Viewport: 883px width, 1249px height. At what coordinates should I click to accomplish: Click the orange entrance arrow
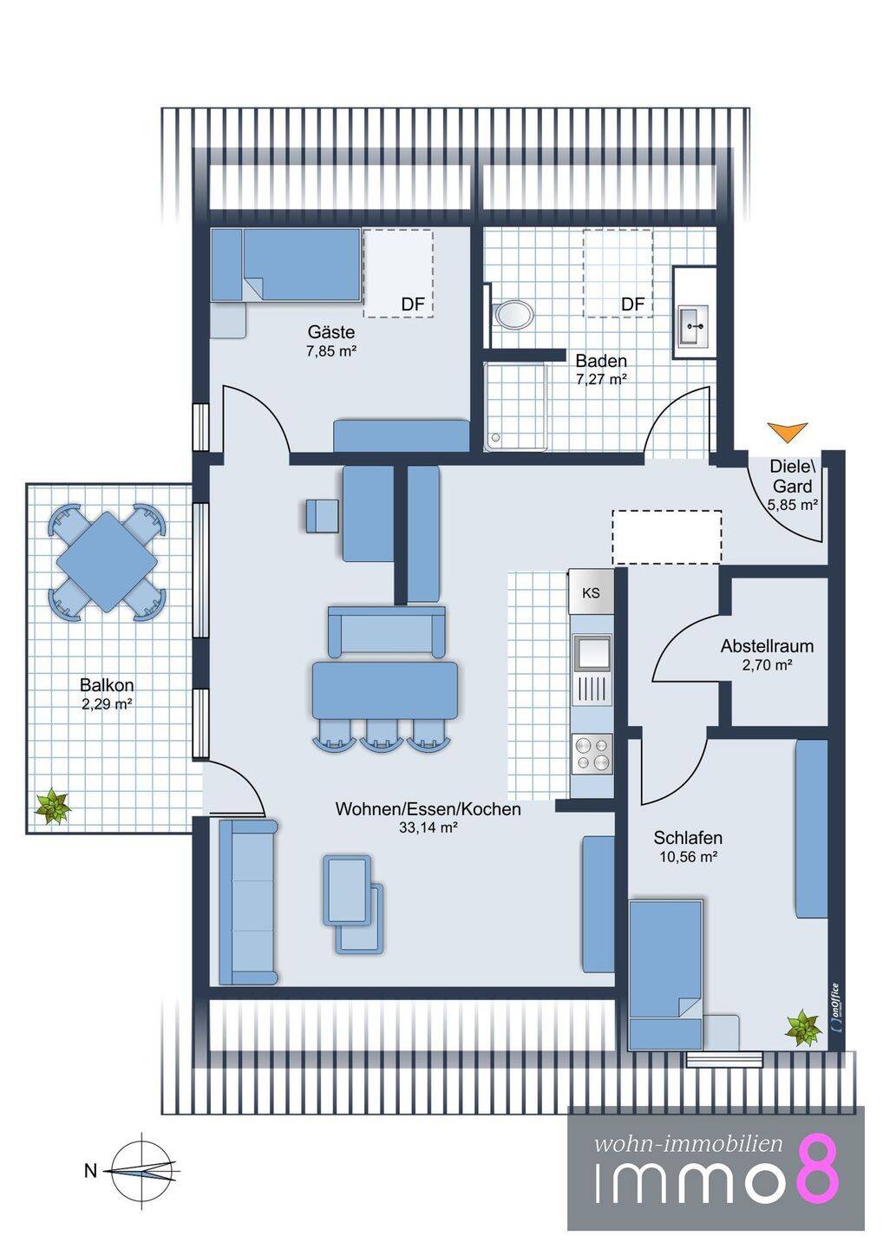tap(787, 432)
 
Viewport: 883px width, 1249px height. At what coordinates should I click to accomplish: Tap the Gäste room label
tap(331, 332)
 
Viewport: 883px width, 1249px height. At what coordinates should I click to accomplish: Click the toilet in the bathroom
tap(513, 315)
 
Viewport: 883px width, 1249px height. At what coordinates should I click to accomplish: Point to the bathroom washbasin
tap(693, 325)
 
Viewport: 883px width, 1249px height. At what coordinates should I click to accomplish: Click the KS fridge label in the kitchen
tap(591, 592)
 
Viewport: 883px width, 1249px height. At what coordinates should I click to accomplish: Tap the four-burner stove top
tap(592, 753)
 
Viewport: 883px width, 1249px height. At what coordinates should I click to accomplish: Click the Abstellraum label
tap(767, 646)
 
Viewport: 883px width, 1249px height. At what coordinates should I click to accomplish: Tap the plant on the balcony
tap(53, 807)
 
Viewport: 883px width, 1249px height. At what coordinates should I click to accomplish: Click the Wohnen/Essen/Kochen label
tap(428, 808)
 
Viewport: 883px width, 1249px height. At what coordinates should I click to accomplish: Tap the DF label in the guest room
tap(413, 304)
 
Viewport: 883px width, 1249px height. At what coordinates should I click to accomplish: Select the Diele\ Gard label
tap(792, 476)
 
